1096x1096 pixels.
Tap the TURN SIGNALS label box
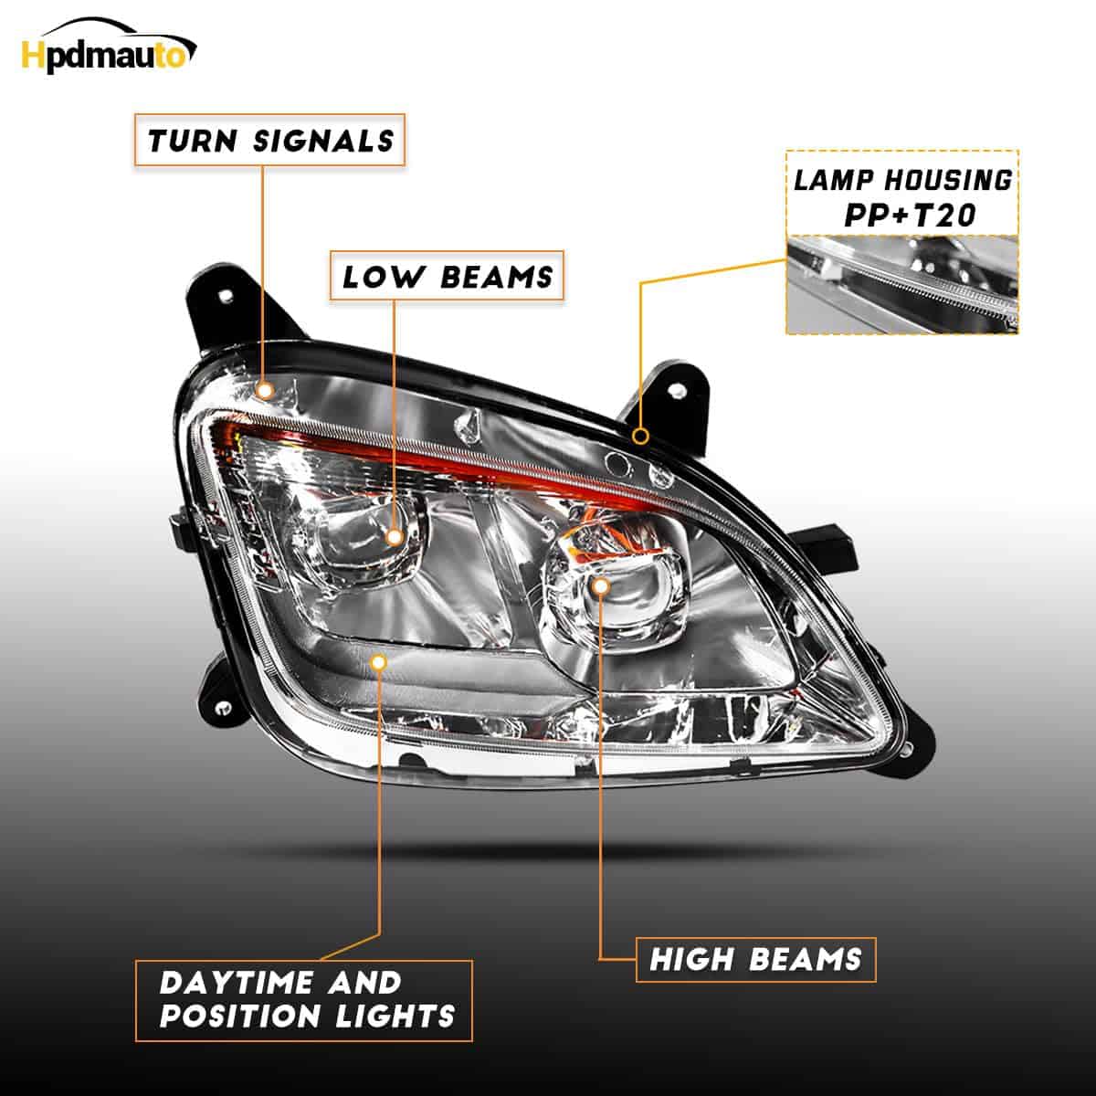coord(269,140)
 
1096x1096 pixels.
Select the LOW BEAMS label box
coord(447,276)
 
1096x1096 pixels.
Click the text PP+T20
coord(910,216)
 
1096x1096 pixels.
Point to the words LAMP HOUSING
coord(902,180)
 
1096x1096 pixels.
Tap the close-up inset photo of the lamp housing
coord(902,285)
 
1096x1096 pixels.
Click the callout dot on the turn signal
coord(265,390)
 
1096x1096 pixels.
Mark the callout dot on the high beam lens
coord(601,585)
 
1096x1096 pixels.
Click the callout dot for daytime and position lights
coord(379,662)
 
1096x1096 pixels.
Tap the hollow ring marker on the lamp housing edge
coord(641,437)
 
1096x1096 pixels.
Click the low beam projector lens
coord(364,542)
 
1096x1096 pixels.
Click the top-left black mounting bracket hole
coord(227,295)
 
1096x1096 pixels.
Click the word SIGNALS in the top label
coord(323,141)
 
